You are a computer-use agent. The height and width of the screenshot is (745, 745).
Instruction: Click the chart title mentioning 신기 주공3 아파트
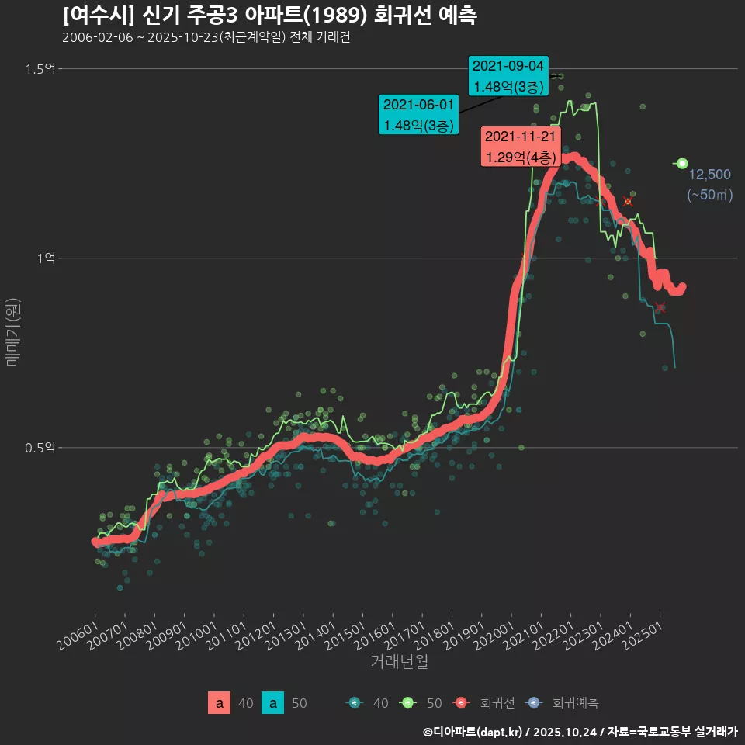269,15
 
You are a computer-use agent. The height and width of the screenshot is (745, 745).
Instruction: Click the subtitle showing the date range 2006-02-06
206,37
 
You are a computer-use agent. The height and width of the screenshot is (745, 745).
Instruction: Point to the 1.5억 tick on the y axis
40,69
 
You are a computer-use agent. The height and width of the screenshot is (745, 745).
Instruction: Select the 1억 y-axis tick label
45,258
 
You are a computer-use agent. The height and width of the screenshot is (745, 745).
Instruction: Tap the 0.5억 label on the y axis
40,448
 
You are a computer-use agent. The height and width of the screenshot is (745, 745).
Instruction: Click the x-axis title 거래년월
399,661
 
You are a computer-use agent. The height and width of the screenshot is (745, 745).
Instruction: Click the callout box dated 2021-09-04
509,75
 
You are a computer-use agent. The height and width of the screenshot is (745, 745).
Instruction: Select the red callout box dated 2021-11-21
520,147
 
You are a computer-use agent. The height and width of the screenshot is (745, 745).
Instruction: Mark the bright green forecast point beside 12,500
682,163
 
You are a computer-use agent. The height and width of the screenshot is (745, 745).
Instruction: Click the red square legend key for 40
220,703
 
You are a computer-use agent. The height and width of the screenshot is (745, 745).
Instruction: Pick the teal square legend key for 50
272,703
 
